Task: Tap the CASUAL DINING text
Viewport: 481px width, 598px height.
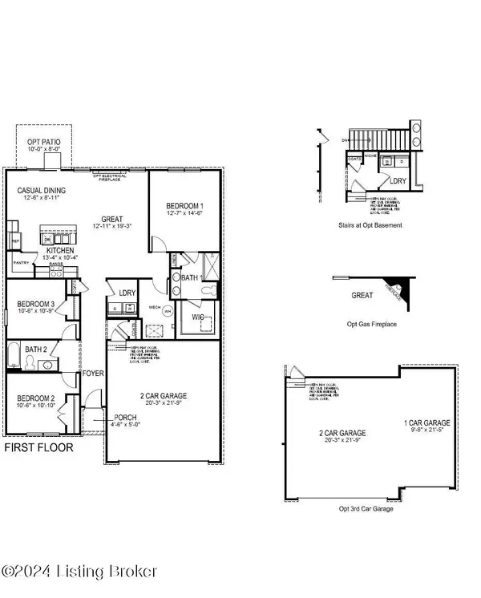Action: tap(42, 191)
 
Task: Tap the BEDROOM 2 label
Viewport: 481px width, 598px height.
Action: tap(34, 398)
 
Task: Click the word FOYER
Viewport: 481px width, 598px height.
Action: tap(93, 374)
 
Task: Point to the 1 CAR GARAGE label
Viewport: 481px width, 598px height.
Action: tap(426, 422)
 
